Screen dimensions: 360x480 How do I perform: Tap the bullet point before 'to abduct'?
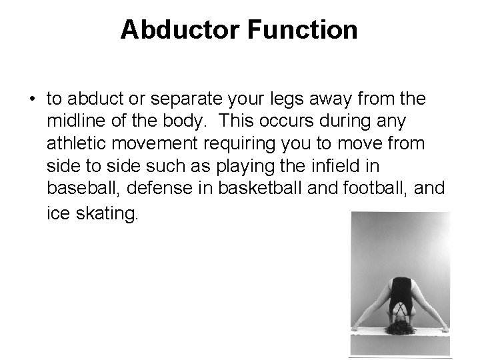coord(31,101)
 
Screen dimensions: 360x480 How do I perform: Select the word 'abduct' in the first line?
coord(89,99)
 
